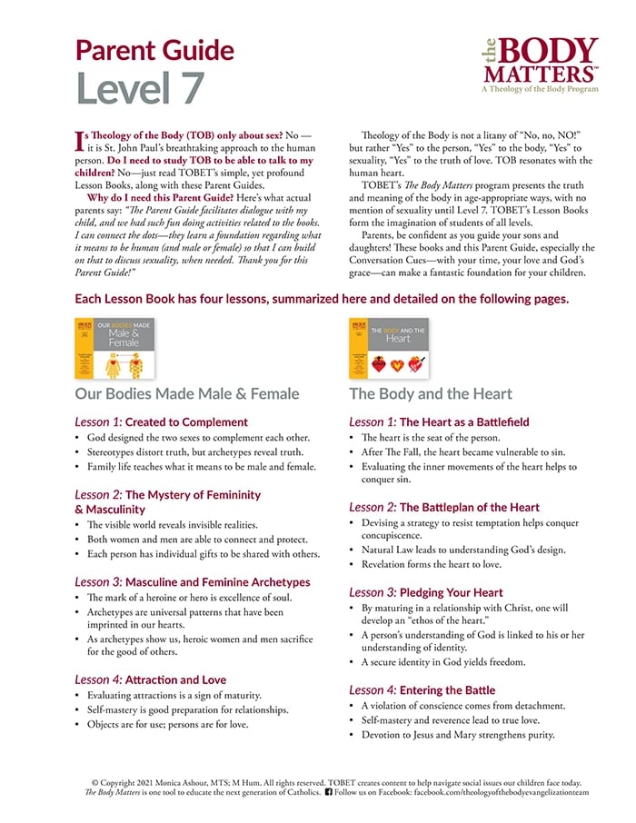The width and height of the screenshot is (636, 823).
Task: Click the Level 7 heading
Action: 140,87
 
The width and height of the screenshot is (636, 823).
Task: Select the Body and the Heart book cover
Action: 389,348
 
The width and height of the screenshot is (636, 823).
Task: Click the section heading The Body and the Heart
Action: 430,393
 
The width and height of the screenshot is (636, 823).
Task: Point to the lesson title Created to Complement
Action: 186,421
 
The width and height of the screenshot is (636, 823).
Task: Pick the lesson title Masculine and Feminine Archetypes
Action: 217,581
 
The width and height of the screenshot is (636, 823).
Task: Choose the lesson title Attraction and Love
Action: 175,679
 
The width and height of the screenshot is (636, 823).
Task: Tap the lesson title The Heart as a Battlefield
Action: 463,421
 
